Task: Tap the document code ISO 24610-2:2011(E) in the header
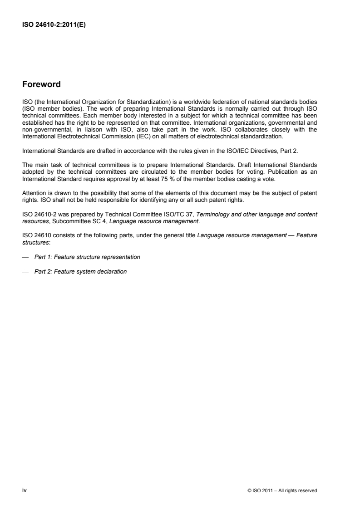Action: (54, 25)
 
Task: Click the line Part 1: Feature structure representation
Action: (87, 257)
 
